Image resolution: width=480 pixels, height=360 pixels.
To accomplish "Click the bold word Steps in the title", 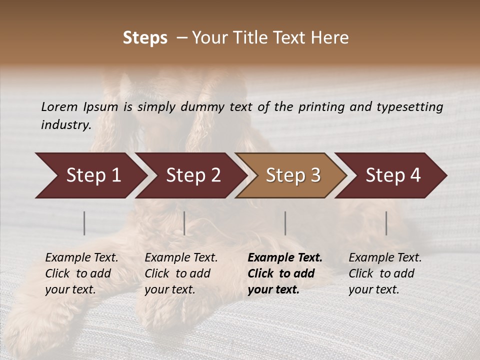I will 145,38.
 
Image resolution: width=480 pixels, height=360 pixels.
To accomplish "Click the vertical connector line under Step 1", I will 84,223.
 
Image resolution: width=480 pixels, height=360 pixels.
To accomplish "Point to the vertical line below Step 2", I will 184,223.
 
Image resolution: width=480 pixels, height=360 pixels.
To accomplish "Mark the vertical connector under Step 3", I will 285,223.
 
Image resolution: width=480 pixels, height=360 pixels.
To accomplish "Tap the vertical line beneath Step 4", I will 386,223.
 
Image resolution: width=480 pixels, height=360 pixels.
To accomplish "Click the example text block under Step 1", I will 81,273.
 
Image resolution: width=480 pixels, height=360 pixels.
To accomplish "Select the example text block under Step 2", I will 181,273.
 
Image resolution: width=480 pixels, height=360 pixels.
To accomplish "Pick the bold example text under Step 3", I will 285,273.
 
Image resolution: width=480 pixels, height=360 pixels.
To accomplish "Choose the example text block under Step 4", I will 385,273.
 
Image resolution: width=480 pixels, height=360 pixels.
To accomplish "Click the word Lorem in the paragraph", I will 59,106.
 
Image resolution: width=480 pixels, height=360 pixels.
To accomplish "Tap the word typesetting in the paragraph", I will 409,106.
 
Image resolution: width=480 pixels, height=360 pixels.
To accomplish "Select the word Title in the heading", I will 251,38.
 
